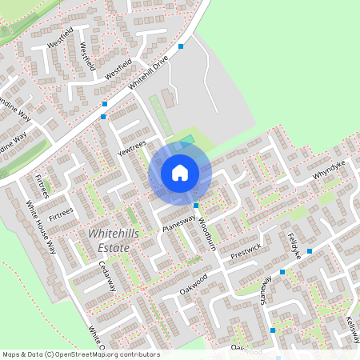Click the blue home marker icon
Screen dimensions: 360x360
click(x=180, y=172)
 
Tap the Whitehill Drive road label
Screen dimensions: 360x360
click(x=150, y=74)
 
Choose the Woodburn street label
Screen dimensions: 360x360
click(x=206, y=230)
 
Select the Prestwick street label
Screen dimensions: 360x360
click(x=246, y=251)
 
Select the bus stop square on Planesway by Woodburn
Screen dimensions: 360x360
click(x=196, y=205)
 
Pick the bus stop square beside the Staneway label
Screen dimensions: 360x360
click(x=282, y=273)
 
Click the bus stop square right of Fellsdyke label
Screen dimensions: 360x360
click(x=310, y=250)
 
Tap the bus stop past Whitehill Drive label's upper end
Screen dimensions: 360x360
click(x=182, y=46)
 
